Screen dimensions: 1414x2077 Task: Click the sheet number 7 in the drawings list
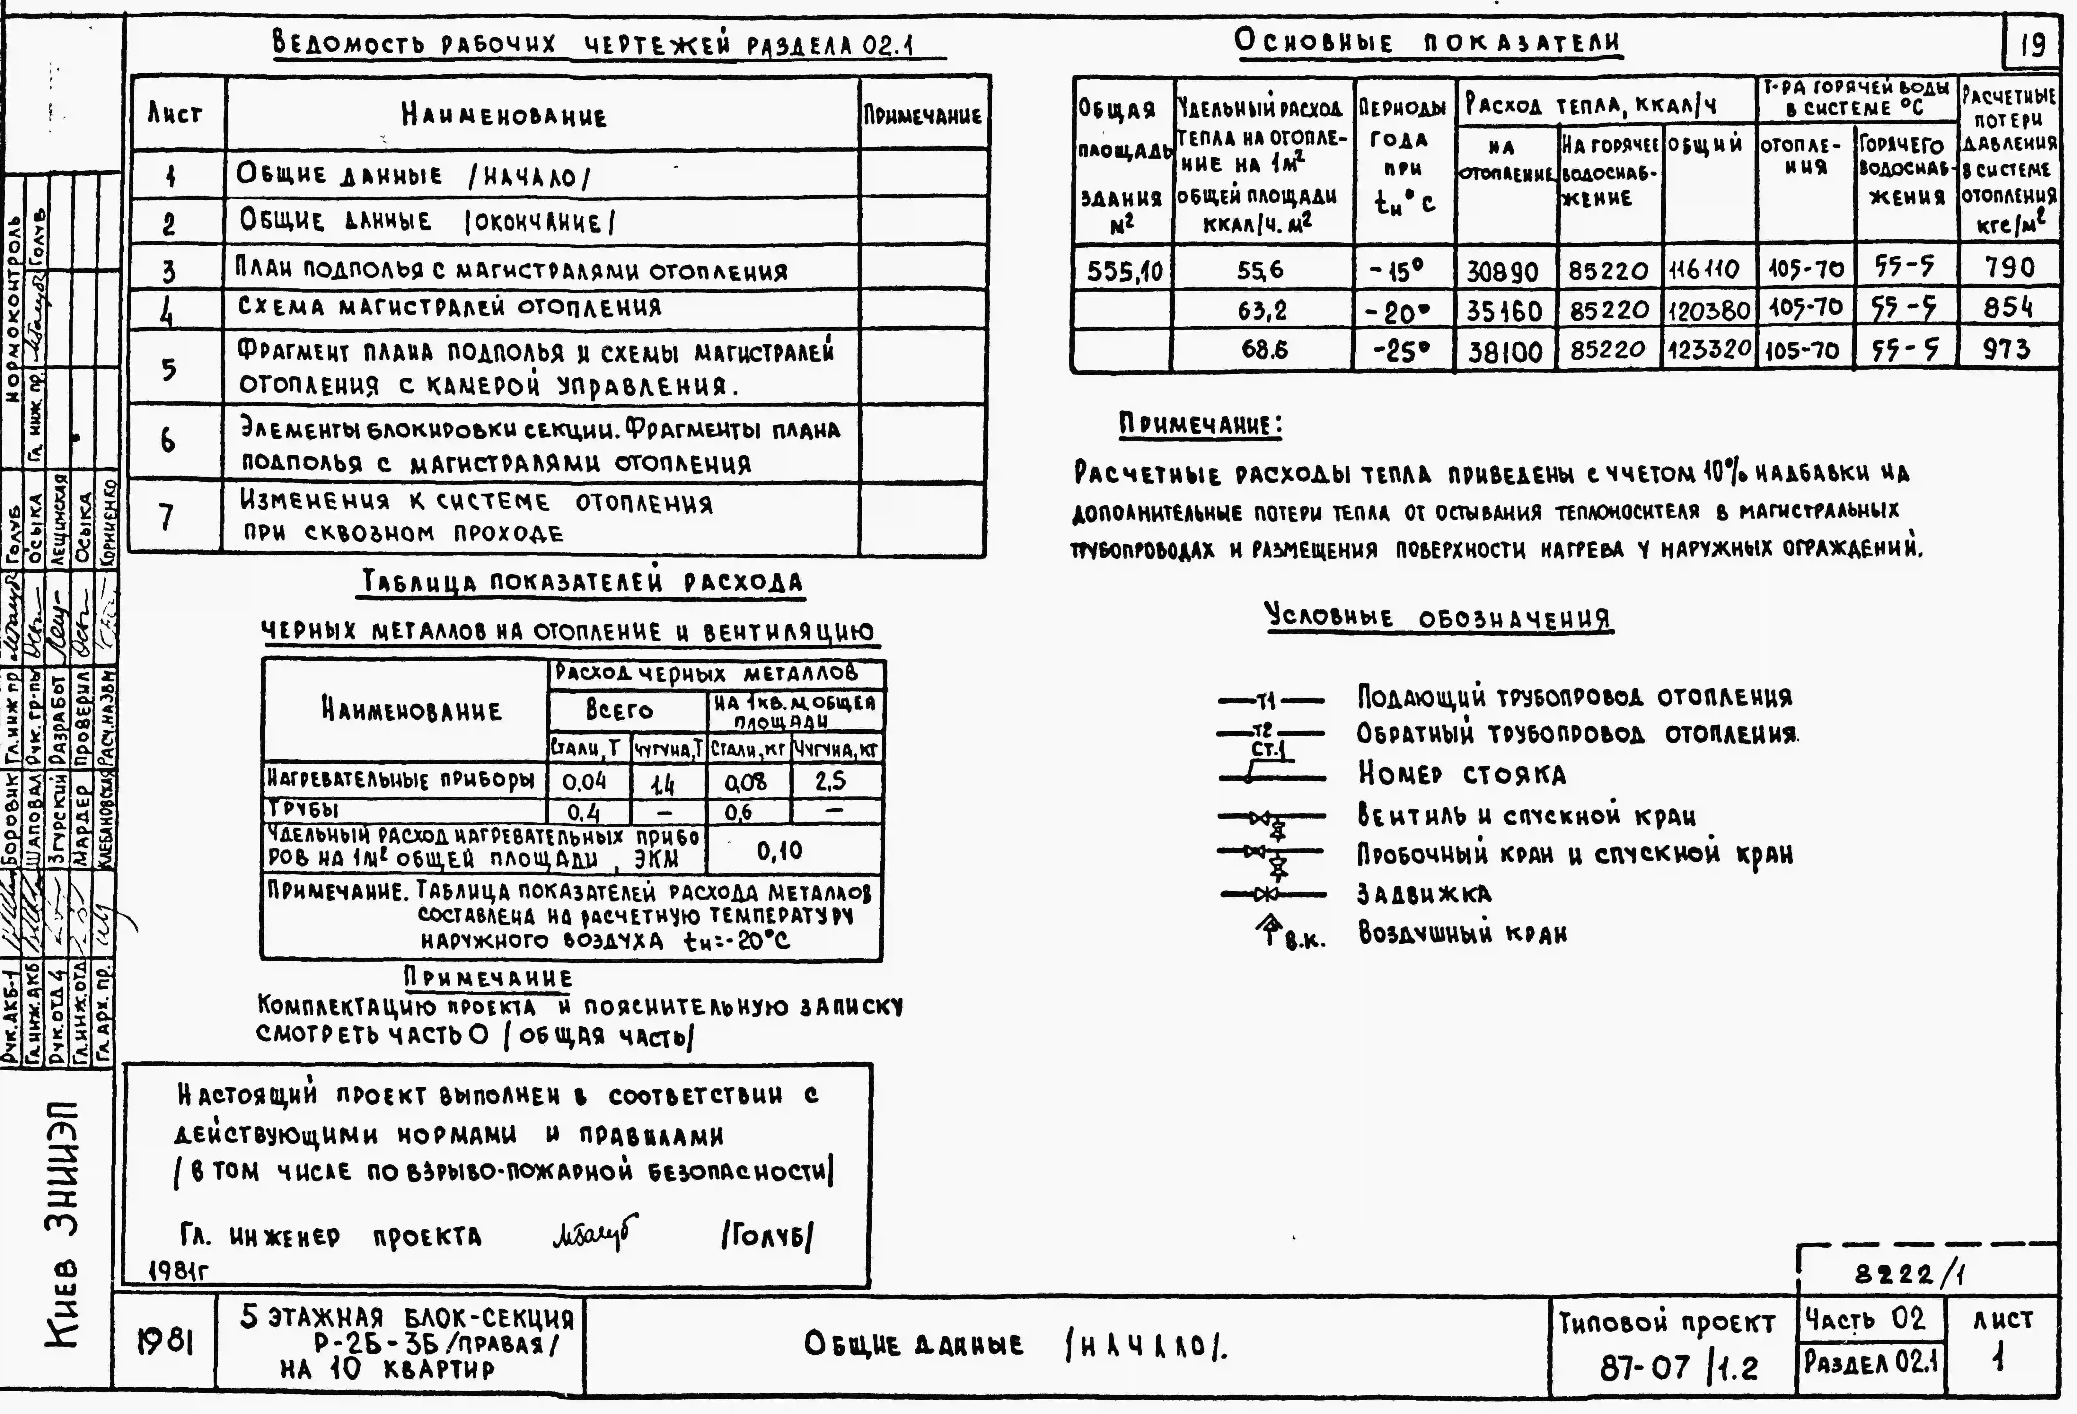click(x=167, y=517)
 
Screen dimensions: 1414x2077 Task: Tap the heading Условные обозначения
click(x=1439, y=618)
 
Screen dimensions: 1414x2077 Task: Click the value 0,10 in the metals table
click(x=779, y=850)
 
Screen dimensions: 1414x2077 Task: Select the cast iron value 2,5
click(x=830, y=781)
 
